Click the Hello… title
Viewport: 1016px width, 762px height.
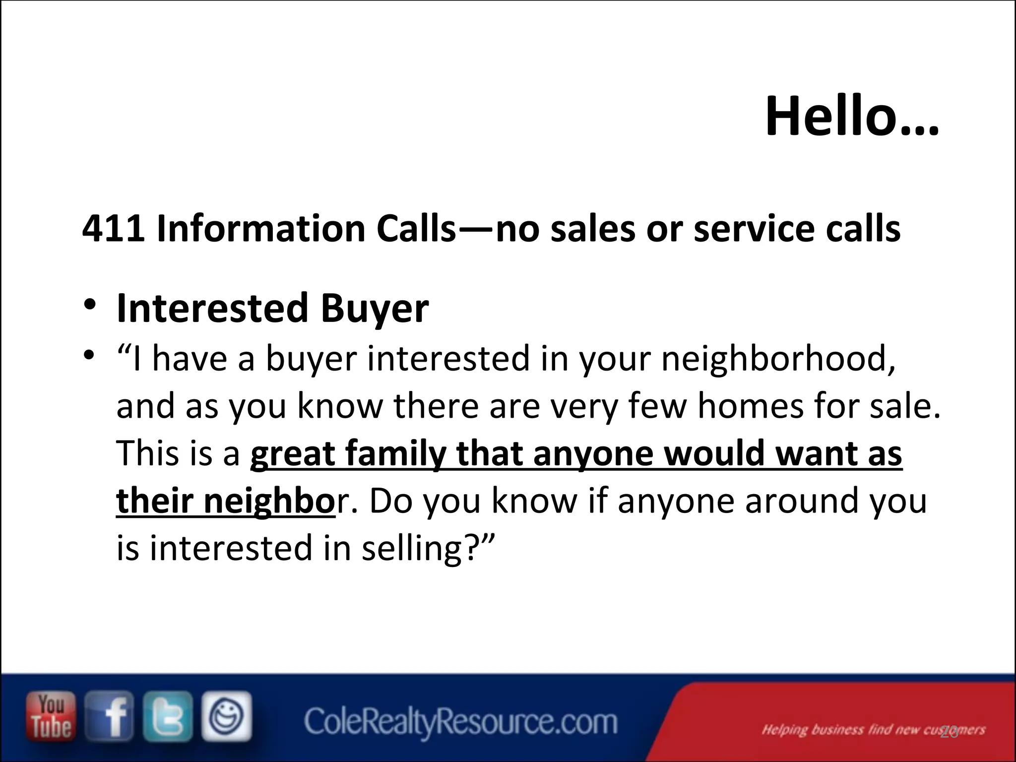coord(852,117)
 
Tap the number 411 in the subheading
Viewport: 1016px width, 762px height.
coord(113,229)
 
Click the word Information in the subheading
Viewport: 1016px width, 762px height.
coord(261,229)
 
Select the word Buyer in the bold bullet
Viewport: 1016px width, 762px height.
coord(375,309)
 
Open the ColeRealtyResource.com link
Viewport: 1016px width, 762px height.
coord(460,722)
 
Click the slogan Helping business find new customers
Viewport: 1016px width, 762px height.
coord(873,730)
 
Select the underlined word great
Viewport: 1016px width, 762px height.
coord(293,453)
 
